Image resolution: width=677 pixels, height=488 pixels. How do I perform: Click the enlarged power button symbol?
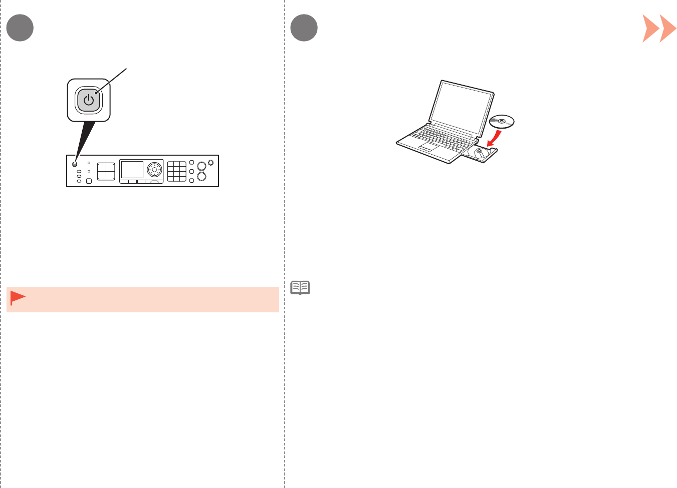(x=89, y=100)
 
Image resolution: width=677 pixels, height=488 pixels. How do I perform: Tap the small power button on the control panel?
(x=75, y=164)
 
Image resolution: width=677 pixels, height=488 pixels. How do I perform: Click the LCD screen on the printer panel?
(x=132, y=170)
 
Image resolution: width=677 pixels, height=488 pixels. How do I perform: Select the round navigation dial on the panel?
(x=154, y=170)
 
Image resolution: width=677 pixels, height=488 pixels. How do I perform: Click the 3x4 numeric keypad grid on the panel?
(x=176, y=171)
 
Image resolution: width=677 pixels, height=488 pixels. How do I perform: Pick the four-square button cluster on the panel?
(x=106, y=171)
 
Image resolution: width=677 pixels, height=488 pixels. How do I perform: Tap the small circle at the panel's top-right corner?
(x=210, y=162)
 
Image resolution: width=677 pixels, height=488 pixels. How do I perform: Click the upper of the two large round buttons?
(x=201, y=166)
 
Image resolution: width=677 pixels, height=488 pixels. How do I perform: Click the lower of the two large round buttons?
(x=201, y=176)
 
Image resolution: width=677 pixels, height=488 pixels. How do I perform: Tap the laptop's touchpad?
(x=428, y=147)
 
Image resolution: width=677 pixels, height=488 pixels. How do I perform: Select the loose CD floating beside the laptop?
(x=502, y=121)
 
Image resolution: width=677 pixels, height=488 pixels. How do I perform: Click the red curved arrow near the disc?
(x=494, y=137)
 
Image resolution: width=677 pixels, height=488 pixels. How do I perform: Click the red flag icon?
(x=18, y=298)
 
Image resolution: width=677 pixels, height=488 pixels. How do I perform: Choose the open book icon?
(x=300, y=288)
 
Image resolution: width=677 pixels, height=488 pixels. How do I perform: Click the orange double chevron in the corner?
(x=659, y=29)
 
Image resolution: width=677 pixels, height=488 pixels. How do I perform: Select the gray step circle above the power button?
(x=20, y=28)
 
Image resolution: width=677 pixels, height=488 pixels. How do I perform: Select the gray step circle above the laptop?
(x=304, y=28)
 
